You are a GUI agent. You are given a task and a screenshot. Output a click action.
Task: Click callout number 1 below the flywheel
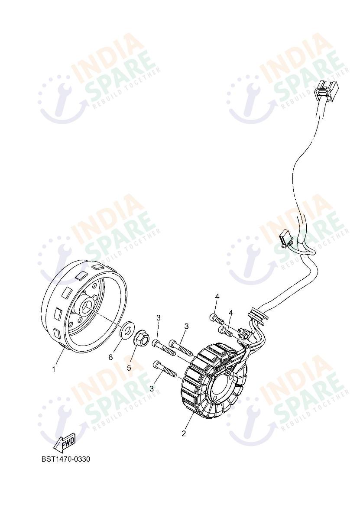[x=54, y=369]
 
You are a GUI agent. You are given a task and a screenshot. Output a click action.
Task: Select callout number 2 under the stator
[x=184, y=433]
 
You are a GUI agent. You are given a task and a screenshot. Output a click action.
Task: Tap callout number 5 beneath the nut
[x=129, y=368]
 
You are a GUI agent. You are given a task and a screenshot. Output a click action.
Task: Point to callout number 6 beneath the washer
[x=110, y=358]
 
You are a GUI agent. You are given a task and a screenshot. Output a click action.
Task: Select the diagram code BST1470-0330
[x=65, y=459]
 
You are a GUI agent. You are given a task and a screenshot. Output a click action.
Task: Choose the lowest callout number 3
[x=151, y=388]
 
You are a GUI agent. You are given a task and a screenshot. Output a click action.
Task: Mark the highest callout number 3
[x=159, y=317]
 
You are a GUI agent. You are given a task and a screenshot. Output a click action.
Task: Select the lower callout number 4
[x=231, y=313]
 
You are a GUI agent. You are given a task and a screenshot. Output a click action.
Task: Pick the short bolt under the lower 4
[x=226, y=331]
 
